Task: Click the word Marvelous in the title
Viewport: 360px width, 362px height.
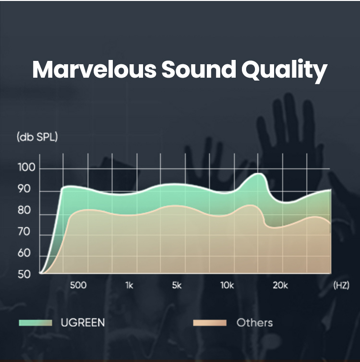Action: (x=94, y=70)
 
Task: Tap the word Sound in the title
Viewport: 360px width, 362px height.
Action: (x=199, y=70)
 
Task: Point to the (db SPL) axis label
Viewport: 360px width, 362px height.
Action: (x=37, y=137)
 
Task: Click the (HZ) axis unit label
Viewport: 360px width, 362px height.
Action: (x=341, y=286)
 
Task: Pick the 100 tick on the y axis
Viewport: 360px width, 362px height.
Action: (x=26, y=167)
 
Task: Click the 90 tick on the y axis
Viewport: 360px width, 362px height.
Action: (x=24, y=189)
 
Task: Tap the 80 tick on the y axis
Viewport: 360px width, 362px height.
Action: (x=24, y=210)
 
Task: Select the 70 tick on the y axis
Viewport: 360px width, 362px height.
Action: (x=24, y=232)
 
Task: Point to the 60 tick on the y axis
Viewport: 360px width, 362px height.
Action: (x=24, y=253)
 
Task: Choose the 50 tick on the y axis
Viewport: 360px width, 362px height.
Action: (x=24, y=274)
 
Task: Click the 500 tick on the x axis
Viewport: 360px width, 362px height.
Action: (x=78, y=285)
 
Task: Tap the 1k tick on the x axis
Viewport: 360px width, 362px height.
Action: (x=130, y=285)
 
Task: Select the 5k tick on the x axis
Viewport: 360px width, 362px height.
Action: (x=177, y=285)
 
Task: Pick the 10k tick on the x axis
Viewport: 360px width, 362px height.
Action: (x=227, y=285)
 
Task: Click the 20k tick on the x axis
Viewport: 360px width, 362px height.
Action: (x=280, y=285)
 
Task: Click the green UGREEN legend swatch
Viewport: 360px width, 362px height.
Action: (x=36, y=323)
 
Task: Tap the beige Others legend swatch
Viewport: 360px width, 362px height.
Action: (x=210, y=323)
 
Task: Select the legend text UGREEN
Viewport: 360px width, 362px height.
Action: (x=83, y=323)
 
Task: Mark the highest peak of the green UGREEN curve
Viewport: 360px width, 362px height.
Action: (x=259, y=173)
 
